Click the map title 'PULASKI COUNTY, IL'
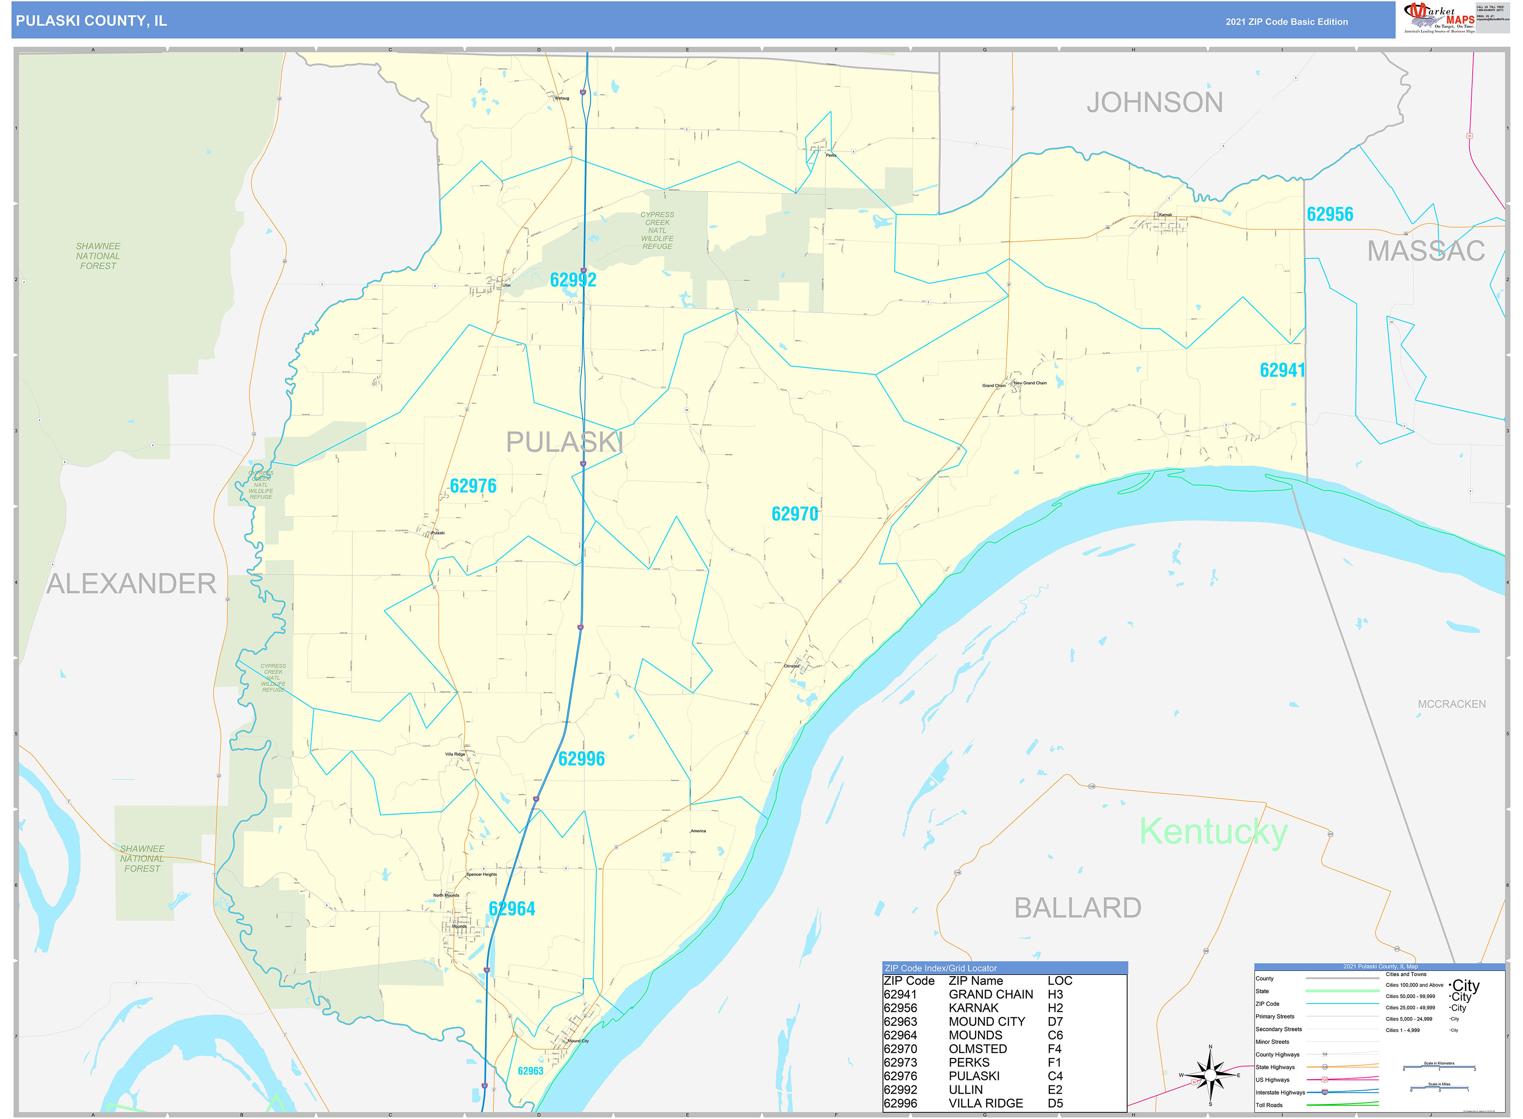tap(91, 21)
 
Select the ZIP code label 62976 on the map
tap(473, 486)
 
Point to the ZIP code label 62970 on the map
tap(795, 514)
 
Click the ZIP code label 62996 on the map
tap(582, 759)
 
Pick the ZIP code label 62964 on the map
tap(512, 909)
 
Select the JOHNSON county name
tap(1155, 103)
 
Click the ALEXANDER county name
tap(131, 584)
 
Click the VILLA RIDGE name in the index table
tap(985, 1104)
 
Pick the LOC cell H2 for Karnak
tap(1055, 1008)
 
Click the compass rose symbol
tap(1210, 1076)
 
